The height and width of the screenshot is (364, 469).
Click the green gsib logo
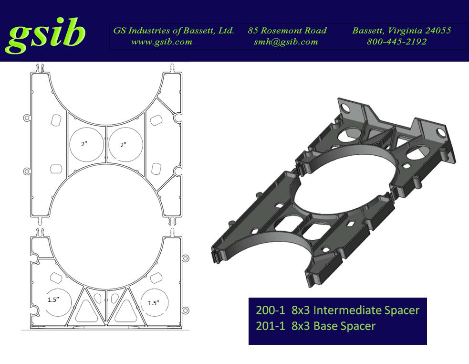45,35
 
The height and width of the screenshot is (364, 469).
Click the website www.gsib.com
162,42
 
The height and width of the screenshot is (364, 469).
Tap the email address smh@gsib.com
286,42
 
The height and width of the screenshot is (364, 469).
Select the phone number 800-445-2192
396,42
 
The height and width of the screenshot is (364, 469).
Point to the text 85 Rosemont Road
287,30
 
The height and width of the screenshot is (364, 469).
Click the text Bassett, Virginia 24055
401,31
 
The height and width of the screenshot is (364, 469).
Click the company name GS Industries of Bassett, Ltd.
174,31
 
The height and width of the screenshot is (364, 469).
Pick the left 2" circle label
84,144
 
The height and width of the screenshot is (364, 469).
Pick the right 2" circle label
123,145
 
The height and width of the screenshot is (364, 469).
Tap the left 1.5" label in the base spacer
53,300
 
